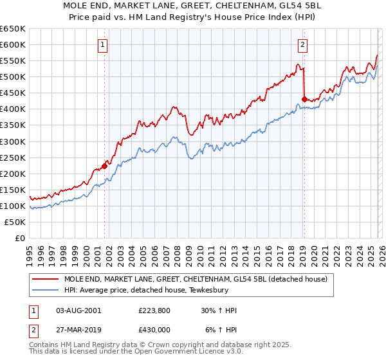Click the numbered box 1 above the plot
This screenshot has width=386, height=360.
tap(103, 44)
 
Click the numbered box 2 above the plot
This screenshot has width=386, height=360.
tap(302, 44)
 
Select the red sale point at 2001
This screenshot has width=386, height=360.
tap(104, 166)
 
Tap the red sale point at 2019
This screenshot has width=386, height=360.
tap(304, 99)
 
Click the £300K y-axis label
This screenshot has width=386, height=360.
tap(13, 141)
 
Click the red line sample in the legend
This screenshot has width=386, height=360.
tap(46, 279)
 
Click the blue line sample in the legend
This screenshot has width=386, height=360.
tap(46, 290)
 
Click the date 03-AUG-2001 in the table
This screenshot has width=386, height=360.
tap(78, 310)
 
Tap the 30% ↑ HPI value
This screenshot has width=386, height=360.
tap(219, 310)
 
